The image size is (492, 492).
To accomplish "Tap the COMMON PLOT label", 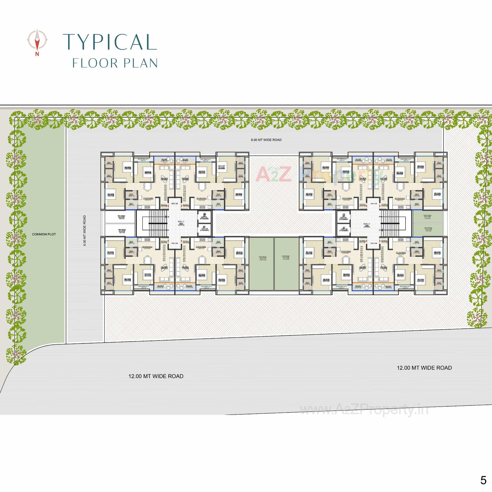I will click(44, 234).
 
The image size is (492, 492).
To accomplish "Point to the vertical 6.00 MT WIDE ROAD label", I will click(85, 231).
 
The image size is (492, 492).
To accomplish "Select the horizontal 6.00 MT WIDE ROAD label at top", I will click(266, 140).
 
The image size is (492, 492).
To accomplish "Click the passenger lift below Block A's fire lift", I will click(204, 229).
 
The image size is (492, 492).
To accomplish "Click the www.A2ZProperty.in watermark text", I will click(364, 410).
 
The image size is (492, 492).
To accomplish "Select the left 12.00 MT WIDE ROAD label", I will click(156, 376).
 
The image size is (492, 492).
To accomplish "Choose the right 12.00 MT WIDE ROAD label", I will click(424, 368).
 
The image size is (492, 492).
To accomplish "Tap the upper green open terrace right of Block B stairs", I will click(428, 217).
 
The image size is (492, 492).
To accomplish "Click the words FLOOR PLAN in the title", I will click(115, 63).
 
